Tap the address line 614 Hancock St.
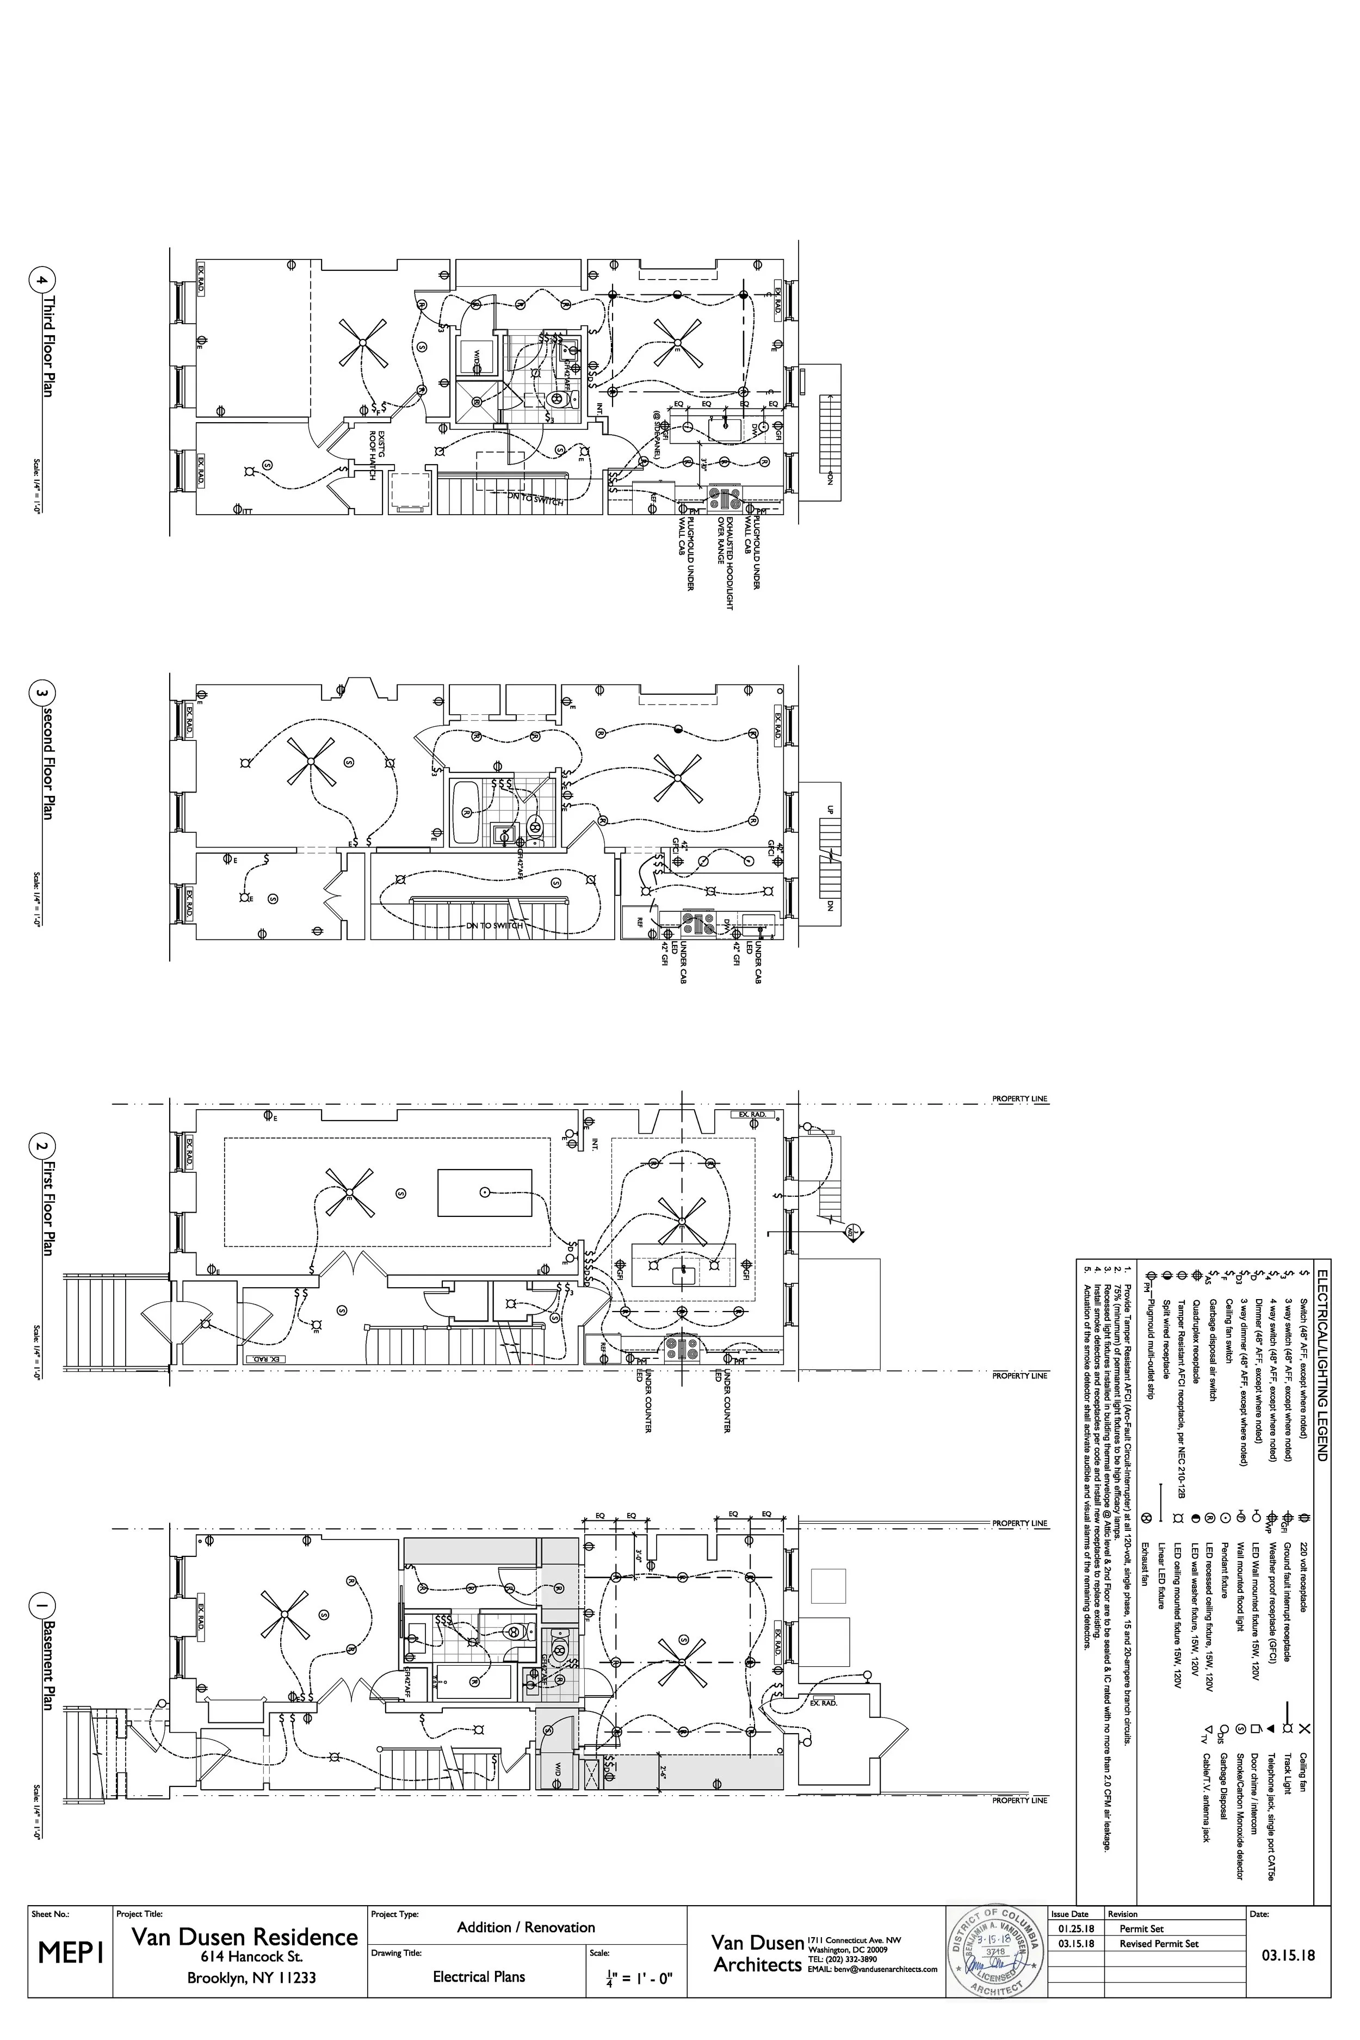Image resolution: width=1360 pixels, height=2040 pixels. point(251,1956)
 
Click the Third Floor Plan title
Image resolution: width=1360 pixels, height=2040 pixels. point(48,347)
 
